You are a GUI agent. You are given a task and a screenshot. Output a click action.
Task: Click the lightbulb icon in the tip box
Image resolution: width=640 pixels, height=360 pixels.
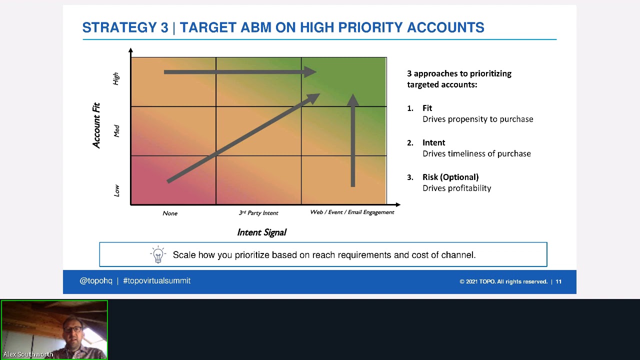pyautogui.click(x=158, y=254)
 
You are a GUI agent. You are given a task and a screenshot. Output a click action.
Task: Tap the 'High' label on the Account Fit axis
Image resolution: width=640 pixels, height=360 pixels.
pyautogui.click(x=116, y=78)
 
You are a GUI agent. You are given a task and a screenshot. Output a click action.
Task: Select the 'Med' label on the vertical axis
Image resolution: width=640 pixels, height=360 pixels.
pyautogui.click(x=116, y=131)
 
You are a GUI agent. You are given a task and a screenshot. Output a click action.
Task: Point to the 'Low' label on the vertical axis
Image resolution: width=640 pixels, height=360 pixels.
pyautogui.click(x=116, y=190)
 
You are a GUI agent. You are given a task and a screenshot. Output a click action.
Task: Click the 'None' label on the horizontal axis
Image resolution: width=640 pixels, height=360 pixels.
pyautogui.click(x=170, y=213)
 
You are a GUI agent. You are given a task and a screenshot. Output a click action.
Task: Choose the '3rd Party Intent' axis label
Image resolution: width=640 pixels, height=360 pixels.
pyautogui.click(x=258, y=213)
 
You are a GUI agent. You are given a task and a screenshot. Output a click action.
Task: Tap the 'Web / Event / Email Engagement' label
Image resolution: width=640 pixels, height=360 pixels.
pyautogui.click(x=352, y=212)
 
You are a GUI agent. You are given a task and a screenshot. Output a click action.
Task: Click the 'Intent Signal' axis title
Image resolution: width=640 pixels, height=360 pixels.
pyautogui.click(x=261, y=232)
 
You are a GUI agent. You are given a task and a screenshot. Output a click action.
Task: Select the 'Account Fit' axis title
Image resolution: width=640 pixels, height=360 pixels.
pyautogui.click(x=96, y=125)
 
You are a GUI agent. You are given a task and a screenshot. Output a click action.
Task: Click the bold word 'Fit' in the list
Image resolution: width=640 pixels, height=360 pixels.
pyautogui.click(x=427, y=108)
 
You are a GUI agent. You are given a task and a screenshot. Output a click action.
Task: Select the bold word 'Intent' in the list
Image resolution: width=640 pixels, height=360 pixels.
pyautogui.click(x=433, y=142)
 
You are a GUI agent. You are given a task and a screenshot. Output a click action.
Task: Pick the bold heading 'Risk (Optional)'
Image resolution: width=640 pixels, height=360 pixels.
pyautogui.click(x=450, y=177)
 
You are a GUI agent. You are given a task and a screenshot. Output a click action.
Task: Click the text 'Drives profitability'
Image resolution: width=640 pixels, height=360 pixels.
pyautogui.click(x=456, y=188)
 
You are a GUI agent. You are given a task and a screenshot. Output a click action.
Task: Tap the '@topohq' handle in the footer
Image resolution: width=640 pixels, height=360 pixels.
pyautogui.click(x=96, y=281)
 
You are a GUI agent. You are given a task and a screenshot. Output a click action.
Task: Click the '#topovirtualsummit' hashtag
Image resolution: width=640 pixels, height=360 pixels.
pyautogui.click(x=156, y=281)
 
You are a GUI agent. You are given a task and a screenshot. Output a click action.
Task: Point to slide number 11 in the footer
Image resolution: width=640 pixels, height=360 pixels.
pyautogui.click(x=558, y=281)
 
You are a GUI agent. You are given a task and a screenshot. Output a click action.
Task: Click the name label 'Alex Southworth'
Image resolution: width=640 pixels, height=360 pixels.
pyautogui.click(x=28, y=354)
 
